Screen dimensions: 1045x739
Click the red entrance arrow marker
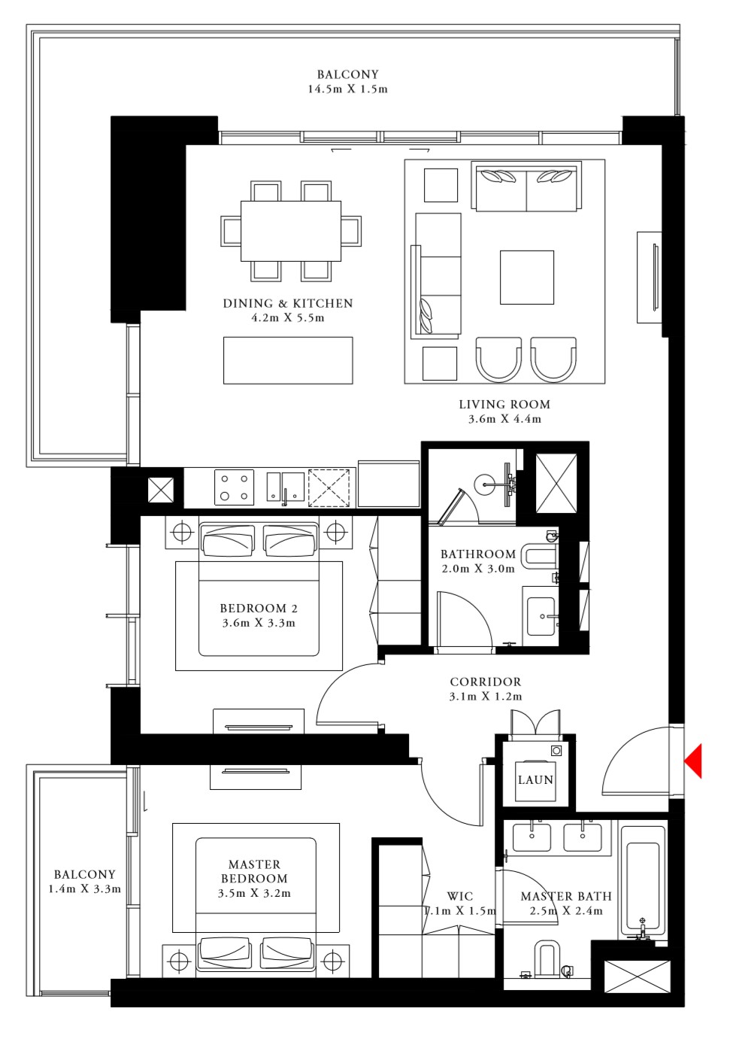coord(693,760)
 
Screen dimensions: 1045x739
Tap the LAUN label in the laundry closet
coord(535,780)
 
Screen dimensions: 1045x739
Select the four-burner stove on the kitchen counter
coord(234,487)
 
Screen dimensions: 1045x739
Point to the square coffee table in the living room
coord(526,278)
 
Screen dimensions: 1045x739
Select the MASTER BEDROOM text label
coord(254,871)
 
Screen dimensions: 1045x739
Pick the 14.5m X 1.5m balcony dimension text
coord(347,89)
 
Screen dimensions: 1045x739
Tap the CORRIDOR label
coord(485,682)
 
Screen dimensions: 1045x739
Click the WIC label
coord(460,896)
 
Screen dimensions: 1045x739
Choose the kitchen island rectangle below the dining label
coord(288,360)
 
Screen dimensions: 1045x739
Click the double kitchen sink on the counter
coord(285,487)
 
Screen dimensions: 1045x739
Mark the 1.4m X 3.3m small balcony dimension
coord(84,889)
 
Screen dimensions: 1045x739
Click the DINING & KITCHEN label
coord(288,303)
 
